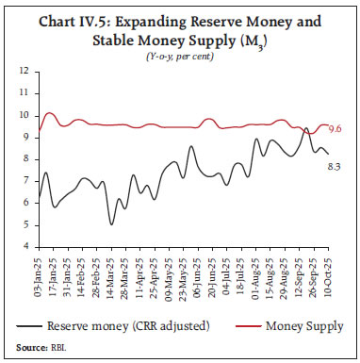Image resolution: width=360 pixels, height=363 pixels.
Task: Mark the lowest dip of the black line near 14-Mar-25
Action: [111, 223]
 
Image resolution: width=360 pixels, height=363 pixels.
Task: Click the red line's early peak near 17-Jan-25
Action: [50, 113]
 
